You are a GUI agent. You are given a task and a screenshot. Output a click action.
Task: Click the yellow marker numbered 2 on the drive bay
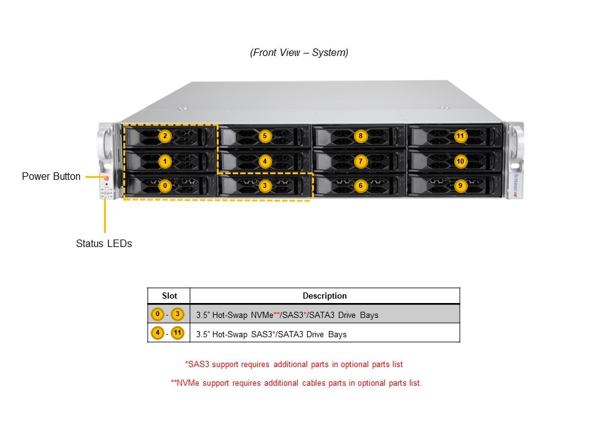pos(164,136)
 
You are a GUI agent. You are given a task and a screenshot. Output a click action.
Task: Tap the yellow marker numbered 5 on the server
pos(265,136)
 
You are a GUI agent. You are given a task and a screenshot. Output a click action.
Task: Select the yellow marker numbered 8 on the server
pos(360,136)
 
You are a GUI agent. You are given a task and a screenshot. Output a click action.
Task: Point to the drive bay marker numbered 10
pos(460,161)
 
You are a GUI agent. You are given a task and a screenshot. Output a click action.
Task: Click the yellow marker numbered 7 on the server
pos(360,161)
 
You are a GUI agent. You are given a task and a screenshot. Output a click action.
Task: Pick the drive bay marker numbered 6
pos(360,185)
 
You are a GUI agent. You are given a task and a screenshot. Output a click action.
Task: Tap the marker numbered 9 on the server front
pos(460,185)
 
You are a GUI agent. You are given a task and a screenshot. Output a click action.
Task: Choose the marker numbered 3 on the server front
pos(265,185)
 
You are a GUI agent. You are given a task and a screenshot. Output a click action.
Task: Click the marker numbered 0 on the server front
pos(164,185)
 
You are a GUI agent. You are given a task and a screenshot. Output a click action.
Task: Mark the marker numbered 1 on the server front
pos(164,161)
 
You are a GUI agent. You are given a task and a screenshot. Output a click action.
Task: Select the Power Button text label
pos(51,177)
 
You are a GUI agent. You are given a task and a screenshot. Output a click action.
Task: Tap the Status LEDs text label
pos(104,244)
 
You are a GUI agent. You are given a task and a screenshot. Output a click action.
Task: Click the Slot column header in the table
pos(169,296)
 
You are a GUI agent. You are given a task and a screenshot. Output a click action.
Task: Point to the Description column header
pos(325,296)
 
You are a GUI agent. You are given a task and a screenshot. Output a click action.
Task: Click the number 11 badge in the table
pos(178,334)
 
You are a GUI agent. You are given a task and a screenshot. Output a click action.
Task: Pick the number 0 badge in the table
pos(158,314)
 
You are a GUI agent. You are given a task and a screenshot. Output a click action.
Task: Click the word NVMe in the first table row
pos(262,315)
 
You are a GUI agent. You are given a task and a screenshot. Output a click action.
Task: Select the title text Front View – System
pos(299,53)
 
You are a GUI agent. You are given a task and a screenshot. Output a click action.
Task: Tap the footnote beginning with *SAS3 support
pos(298,364)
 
